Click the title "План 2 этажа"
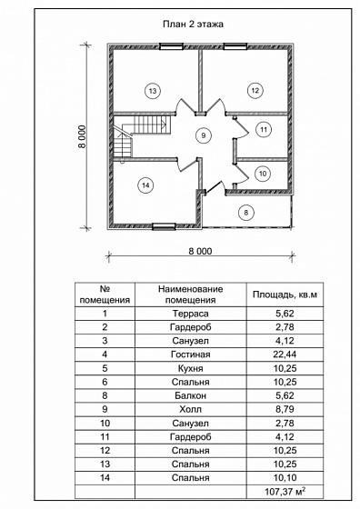[193, 25]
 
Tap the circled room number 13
[153, 91]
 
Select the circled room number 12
[255, 90]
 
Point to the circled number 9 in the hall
[204, 135]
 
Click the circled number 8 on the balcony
[246, 213]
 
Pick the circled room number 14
[145, 185]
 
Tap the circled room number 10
[263, 174]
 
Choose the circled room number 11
[264, 130]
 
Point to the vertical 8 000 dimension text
[82, 136]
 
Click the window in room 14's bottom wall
[164, 226]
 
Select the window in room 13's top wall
[172, 46]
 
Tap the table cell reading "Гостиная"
[191, 354]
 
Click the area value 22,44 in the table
[285, 354]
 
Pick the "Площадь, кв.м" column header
[285, 294]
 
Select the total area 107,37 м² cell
[285, 492]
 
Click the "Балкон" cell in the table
[191, 395]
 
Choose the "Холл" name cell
[191, 409]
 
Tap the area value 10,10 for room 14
[285, 478]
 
